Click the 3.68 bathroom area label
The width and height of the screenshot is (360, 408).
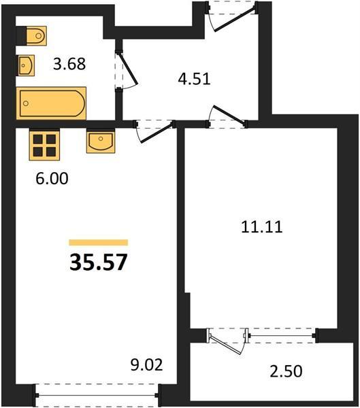pyautogui.click(x=69, y=64)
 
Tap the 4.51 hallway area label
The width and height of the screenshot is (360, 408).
pyautogui.click(x=194, y=79)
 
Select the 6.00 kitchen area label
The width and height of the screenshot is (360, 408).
pyautogui.click(x=52, y=178)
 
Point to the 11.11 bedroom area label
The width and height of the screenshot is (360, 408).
pyautogui.click(x=261, y=226)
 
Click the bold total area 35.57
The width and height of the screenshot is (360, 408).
pyautogui.click(x=99, y=262)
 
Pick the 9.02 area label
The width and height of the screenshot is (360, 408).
pyautogui.click(x=147, y=364)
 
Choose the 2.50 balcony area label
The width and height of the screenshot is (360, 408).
pyautogui.click(x=286, y=371)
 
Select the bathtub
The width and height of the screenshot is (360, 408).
pyautogui.click(x=51, y=103)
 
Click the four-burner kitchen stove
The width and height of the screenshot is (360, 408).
pyautogui.click(x=44, y=146)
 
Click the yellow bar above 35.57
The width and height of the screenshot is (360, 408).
pyautogui.click(x=99, y=243)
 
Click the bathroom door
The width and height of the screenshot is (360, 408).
pyautogui.click(x=127, y=69)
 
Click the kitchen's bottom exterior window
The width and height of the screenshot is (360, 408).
pyautogui.click(x=97, y=395)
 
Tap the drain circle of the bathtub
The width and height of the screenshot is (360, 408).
pyautogui.click(x=26, y=103)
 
